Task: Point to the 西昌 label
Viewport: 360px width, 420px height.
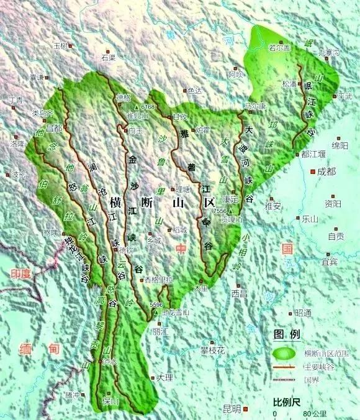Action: pyautogui.click(x=239, y=293)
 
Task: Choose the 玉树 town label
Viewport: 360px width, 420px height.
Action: pyautogui.click(x=61, y=46)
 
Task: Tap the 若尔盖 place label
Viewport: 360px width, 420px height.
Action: pyautogui.click(x=279, y=48)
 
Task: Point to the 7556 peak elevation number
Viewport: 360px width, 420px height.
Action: pyautogui.click(x=219, y=212)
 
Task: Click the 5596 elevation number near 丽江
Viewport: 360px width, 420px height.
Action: pyautogui.click(x=156, y=304)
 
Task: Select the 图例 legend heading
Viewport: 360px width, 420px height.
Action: pyautogui.click(x=287, y=334)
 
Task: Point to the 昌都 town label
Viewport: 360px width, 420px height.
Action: pyautogui.click(x=54, y=129)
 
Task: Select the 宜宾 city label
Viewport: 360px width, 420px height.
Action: pyautogui.click(x=329, y=262)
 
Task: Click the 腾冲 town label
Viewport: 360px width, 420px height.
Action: pyautogui.click(x=73, y=395)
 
